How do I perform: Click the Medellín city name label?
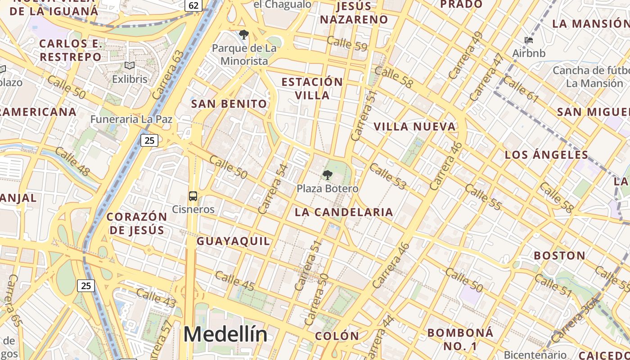click(x=225, y=334)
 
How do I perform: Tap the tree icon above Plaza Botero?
click(x=328, y=175)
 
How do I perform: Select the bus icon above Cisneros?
click(x=193, y=196)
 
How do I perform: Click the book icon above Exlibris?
click(x=130, y=66)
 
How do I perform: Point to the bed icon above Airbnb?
click(x=529, y=40)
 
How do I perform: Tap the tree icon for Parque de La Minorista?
click(x=243, y=34)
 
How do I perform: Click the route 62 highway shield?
click(x=193, y=5)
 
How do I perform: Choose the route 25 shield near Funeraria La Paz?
click(x=149, y=140)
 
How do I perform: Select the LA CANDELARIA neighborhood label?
click(x=344, y=212)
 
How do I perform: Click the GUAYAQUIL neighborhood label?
click(x=234, y=241)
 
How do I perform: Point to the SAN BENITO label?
click(x=229, y=104)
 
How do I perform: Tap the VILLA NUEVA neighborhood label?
click(x=414, y=127)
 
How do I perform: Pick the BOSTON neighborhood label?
click(x=559, y=256)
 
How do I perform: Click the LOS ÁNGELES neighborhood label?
click(x=546, y=155)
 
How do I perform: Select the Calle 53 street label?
click(x=388, y=176)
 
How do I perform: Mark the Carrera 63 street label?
click(x=168, y=75)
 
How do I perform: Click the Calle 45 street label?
click(x=234, y=281)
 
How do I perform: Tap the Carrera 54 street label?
click(x=273, y=189)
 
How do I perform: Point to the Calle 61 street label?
click(x=521, y=89)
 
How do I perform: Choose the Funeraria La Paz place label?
click(x=131, y=119)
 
